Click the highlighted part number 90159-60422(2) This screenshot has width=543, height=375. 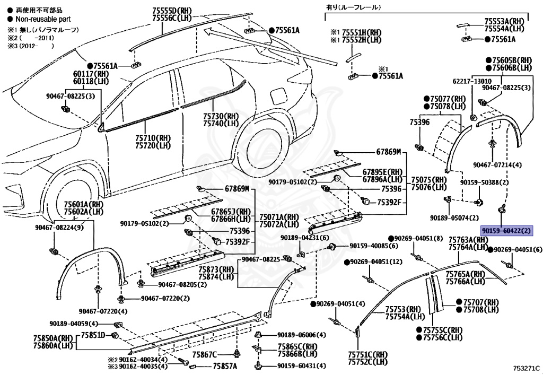point(506,231)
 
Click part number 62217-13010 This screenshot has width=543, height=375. point(472,81)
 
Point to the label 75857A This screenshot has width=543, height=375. point(225,366)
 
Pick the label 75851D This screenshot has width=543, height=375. point(93,335)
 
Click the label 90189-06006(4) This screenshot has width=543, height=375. point(301,335)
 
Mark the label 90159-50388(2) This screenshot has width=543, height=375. point(484,182)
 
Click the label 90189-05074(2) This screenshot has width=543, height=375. point(454,217)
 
